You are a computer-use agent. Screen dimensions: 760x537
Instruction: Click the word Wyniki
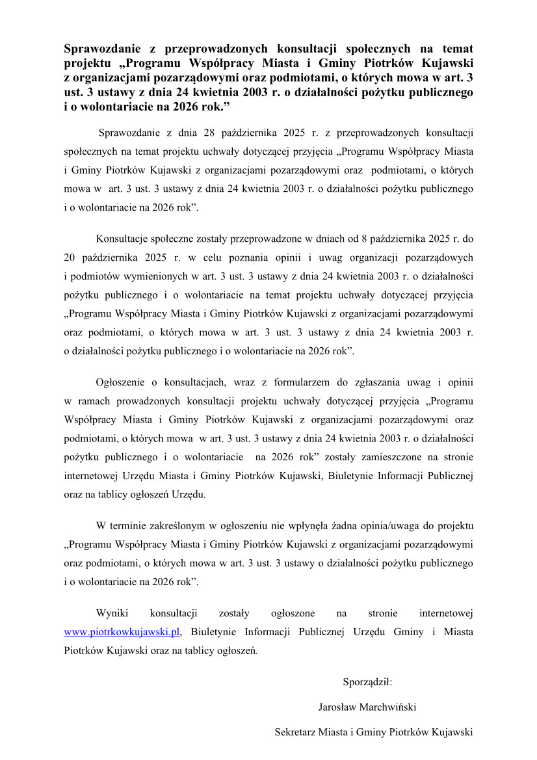pyautogui.click(x=112, y=613)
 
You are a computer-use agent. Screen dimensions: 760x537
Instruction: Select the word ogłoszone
pyautogui.click(x=293, y=613)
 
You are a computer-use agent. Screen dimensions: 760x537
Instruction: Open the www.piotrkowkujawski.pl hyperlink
pyautogui.click(x=122, y=632)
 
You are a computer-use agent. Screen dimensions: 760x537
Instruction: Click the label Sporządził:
pyautogui.click(x=367, y=682)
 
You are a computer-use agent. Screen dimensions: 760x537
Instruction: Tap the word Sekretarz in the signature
pyautogui.click(x=295, y=731)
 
